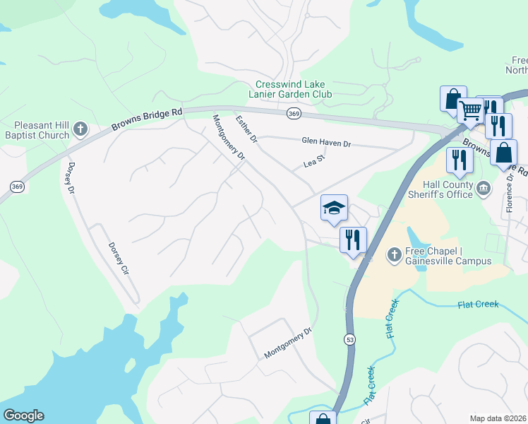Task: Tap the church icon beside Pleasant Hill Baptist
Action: point(80,129)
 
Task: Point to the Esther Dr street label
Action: point(247,129)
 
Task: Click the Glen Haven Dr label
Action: point(326,143)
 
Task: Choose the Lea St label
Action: point(313,163)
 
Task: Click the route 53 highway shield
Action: point(350,340)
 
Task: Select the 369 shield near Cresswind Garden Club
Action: point(294,113)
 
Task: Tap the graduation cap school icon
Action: point(334,208)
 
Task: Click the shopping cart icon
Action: point(470,110)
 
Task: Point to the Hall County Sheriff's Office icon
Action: point(484,187)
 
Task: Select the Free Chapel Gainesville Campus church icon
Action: point(395,254)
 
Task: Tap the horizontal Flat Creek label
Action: point(478,305)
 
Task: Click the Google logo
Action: point(23,416)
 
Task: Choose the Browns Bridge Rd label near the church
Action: point(147,120)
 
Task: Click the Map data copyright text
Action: point(498,418)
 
